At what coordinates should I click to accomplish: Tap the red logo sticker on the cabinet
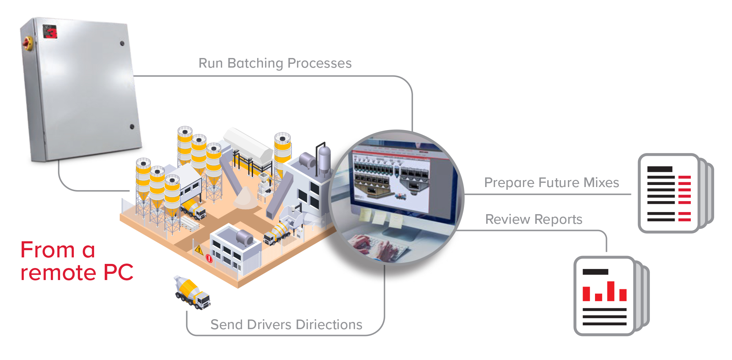50,31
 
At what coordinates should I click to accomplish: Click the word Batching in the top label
255,63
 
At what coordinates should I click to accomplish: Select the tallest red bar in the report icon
611,291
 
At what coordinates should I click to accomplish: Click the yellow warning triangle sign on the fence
199,249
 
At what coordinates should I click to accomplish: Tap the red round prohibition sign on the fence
209,258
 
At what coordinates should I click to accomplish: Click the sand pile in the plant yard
245,199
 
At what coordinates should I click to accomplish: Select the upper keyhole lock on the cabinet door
122,44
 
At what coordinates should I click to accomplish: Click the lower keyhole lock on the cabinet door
132,127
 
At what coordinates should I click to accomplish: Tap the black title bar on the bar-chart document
595,272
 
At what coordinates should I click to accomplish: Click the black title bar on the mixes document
660,169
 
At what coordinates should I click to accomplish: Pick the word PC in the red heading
118,273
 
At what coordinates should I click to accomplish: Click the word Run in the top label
210,63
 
